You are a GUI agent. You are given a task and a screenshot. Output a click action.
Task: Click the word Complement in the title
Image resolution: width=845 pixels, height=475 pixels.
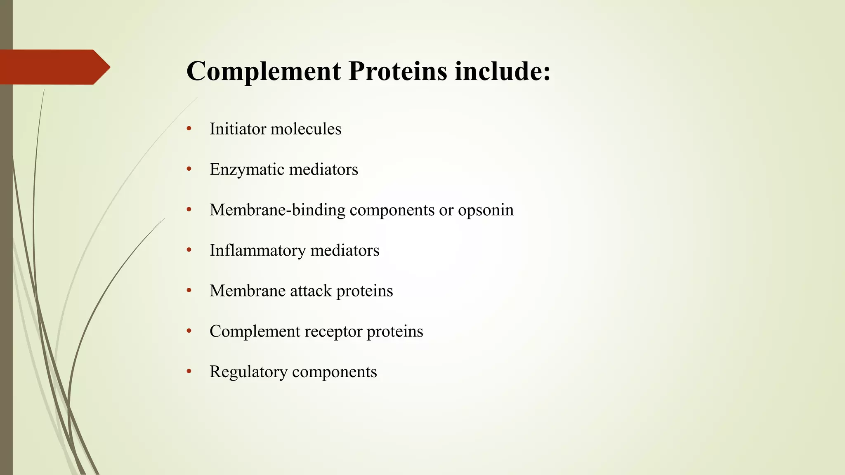pos(264,71)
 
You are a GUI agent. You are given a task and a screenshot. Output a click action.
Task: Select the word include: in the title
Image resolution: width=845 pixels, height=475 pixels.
pos(503,71)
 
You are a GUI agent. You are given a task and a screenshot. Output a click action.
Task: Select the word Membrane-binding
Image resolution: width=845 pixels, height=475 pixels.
pos(277,210)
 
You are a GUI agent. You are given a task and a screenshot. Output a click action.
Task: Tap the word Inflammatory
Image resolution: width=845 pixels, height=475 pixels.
pos(257,250)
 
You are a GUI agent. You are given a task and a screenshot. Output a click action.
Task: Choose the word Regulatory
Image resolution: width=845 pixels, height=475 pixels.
pos(248,372)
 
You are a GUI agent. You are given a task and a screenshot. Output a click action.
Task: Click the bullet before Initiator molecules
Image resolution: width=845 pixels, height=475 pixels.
pos(189,129)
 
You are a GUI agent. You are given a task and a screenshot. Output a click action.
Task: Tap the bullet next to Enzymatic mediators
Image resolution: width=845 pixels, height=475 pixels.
pos(189,169)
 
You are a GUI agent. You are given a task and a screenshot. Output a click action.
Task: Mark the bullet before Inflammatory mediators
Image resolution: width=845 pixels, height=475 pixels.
pos(189,250)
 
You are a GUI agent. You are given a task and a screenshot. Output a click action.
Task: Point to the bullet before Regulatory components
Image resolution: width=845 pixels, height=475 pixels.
pos(189,372)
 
